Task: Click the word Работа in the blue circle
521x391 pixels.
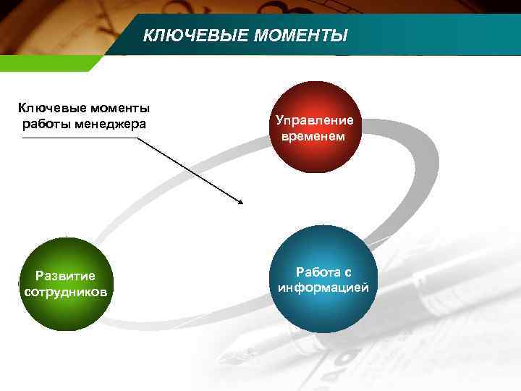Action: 316,272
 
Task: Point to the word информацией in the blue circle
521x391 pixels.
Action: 323,287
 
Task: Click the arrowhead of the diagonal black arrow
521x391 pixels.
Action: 240,201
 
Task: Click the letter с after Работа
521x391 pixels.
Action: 347,272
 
